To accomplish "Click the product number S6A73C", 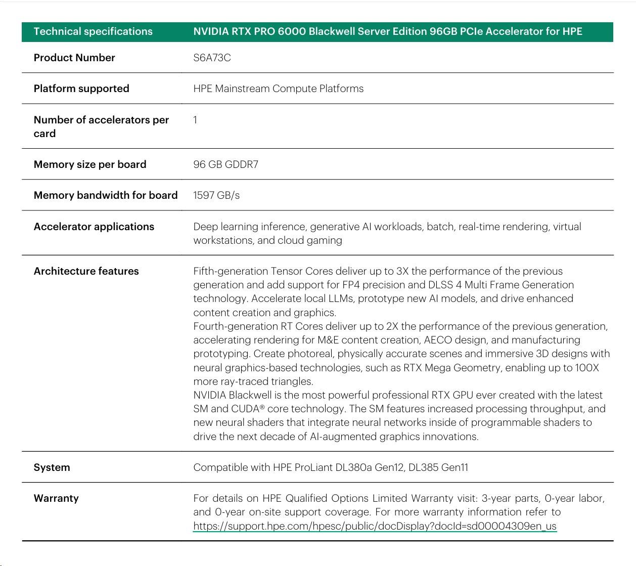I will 212,58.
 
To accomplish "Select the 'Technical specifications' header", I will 93,31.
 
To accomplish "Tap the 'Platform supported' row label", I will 81,89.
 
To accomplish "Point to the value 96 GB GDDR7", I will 225,164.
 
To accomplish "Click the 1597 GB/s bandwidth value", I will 216,195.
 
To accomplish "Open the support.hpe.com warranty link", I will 375,526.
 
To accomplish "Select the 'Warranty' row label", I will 56,498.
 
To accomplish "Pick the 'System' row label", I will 52,467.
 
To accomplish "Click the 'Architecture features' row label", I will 86,271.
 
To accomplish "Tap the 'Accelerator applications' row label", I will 94,227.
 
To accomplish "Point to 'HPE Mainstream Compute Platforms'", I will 278,89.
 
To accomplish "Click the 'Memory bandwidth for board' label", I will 106,195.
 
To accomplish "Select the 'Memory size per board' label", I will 90,164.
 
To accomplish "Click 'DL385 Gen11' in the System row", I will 438,467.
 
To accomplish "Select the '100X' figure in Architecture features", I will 587,368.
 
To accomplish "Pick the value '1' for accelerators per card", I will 195,120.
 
